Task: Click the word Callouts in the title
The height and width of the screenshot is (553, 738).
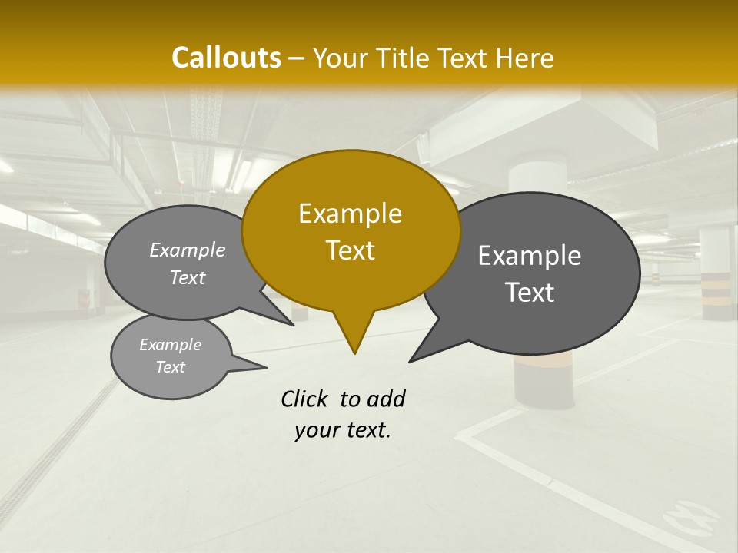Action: [226, 58]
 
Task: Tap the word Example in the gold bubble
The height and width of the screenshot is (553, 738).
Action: [350, 214]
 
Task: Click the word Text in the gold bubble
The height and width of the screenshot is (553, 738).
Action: [350, 250]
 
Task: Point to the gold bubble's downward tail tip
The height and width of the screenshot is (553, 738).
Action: [354, 353]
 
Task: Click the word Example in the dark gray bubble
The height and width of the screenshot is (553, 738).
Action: [529, 256]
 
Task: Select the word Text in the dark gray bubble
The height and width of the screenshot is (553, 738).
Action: [530, 293]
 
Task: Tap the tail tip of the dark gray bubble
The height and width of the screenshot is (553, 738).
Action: [411, 360]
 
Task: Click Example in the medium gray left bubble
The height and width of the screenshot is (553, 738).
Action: [188, 250]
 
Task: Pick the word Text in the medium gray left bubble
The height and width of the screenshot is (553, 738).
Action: [188, 277]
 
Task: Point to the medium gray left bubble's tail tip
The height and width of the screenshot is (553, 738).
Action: [293, 324]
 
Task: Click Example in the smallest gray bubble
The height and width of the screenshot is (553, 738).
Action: [171, 345]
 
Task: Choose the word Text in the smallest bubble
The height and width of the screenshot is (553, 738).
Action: [171, 367]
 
